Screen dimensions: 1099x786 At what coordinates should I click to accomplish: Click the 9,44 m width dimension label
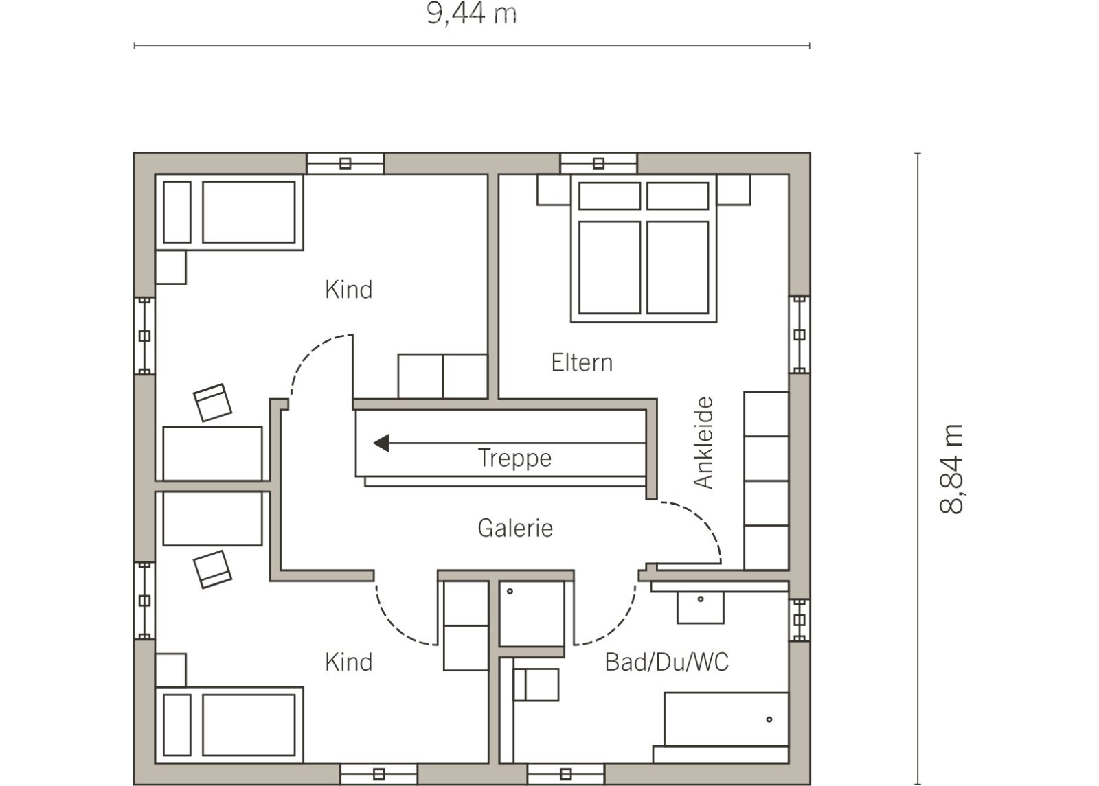click(x=471, y=14)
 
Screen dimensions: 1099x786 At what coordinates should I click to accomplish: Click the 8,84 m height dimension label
click(x=951, y=469)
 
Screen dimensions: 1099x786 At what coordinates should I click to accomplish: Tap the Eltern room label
click(x=582, y=363)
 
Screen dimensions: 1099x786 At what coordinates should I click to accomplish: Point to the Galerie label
click(x=515, y=528)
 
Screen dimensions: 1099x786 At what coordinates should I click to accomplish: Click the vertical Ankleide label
click(x=703, y=443)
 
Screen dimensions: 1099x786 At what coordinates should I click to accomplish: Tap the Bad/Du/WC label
click(x=667, y=662)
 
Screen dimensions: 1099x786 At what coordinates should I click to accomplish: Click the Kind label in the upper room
click(x=349, y=290)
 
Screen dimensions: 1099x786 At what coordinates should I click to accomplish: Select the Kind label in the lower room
click(x=349, y=662)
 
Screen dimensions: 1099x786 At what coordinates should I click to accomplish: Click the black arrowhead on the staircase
click(x=381, y=443)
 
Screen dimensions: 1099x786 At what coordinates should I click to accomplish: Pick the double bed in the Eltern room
click(x=644, y=248)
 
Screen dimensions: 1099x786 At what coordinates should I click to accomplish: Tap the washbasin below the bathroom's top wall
click(x=701, y=608)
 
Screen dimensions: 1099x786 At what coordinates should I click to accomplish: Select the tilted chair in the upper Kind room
click(x=212, y=402)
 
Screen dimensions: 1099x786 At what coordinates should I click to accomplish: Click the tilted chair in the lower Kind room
click(x=212, y=569)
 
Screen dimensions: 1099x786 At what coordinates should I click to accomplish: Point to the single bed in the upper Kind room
click(x=229, y=212)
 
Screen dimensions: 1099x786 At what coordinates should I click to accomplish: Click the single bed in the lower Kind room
click(x=229, y=725)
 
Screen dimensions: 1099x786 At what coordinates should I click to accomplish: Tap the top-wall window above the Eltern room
click(x=598, y=163)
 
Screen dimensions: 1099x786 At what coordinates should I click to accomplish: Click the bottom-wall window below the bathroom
click(x=566, y=774)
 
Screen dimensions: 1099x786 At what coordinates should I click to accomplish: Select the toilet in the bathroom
click(x=536, y=684)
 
